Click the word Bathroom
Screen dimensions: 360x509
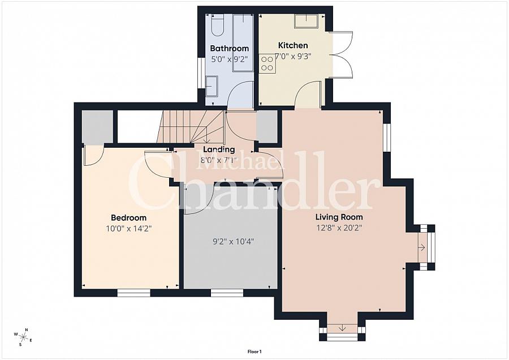click(x=229, y=49)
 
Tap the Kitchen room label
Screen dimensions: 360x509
click(x=293, y=45)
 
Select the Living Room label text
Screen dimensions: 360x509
click(x=339, y=217)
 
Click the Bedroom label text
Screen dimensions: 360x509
click(x=128, y=218)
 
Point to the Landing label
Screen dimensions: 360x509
click(x=219, y=149)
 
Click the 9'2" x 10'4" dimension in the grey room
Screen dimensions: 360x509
click(x=233, y=241)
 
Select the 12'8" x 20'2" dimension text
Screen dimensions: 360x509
click(x=339, y=228)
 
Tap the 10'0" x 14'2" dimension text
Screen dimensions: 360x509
click(x=129, y=229)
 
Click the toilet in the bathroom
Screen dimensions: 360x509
click(x=218, y=24)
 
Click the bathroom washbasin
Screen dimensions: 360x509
click(x=212, y=87)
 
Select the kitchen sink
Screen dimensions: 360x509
click(x=306, y=21)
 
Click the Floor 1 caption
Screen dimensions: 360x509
click(x=255, y=352)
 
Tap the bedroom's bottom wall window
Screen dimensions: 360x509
click(x=133, y=293)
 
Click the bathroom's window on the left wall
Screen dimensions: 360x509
click(x=201, y=72)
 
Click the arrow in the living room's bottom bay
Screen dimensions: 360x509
click(x=342, y=328)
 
